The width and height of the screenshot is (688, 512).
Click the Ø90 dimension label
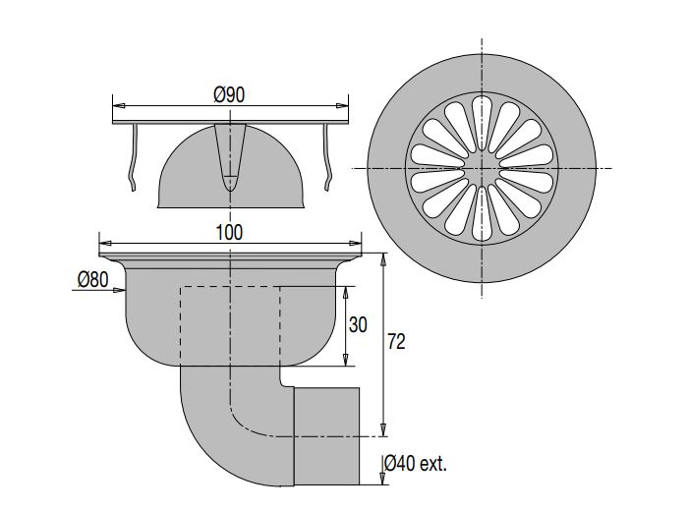[x=229, y=94]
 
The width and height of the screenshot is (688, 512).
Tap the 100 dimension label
[x=229, y=233]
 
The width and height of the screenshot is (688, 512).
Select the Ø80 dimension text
[x=93, y=279]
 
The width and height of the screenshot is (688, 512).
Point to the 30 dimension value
[x=358, y=325]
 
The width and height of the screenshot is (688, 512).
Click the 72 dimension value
[x=396, y=342]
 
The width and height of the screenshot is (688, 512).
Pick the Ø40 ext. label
[x=416, y=463]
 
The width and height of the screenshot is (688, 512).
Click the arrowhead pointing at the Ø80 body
[x=119, y=290]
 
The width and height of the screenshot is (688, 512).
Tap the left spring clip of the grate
[x=134, y=157]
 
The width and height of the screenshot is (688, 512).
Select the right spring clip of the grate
[x=327, y=157]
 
